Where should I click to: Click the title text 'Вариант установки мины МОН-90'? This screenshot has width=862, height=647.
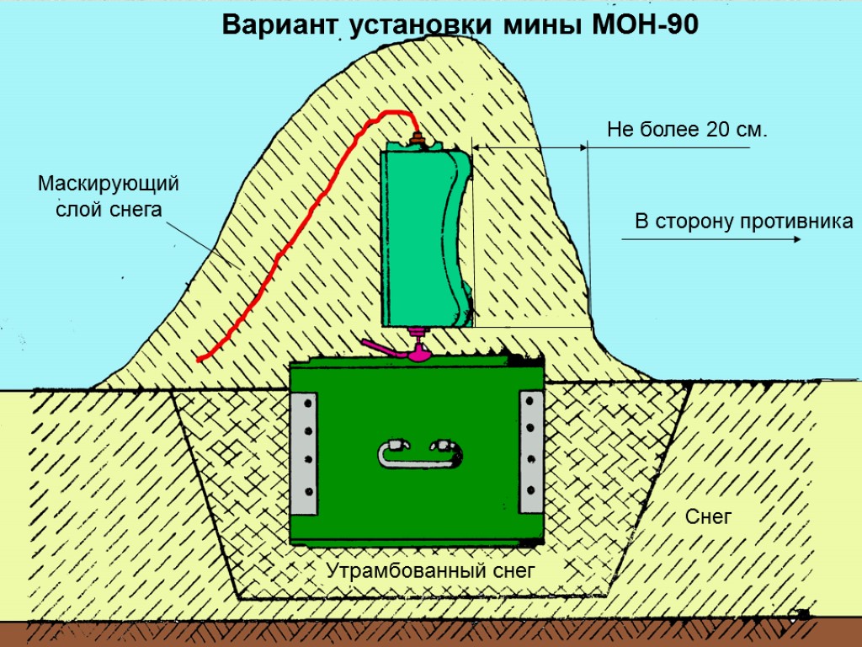[460, 26]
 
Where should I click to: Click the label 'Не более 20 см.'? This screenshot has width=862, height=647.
[688, 130]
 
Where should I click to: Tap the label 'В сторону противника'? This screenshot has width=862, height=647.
[743, 222]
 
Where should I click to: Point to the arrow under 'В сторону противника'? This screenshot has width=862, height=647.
[711, 240]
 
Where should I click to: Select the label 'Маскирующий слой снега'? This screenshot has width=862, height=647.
[109, 196]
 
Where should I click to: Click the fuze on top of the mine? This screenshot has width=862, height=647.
[417, 139]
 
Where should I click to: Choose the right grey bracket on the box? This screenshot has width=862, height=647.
[531, 452]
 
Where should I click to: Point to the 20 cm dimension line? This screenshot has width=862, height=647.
[530, 148]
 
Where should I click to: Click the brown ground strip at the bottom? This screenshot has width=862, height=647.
[431, 634]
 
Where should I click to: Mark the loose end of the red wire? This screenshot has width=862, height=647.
[200, 360]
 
